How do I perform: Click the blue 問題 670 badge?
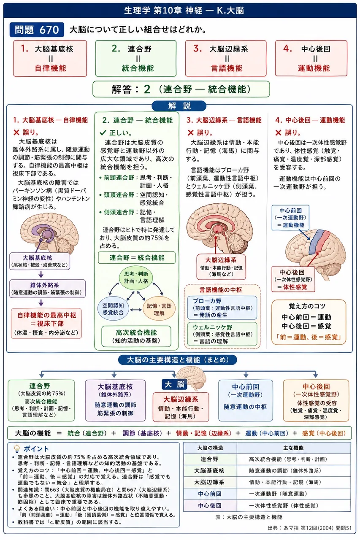click(x=37, y=30)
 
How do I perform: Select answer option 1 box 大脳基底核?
click(x=50, y=58)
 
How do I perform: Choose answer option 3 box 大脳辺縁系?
click(x=226, y=58)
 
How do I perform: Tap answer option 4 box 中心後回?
click(x=311, y=58)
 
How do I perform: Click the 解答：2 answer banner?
click(x=181, y=89)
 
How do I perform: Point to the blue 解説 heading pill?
click(x=179, y=106)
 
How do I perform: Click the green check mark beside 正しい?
click(x=103, y=132)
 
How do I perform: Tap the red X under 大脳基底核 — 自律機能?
click(x=16, y=132)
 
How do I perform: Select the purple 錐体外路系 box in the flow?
click(x=48, y=289)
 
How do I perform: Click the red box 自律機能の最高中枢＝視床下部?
click(x=46, y=324)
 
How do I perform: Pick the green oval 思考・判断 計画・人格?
click(x=136, y=278)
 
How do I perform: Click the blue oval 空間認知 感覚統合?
click(x=113, y=308)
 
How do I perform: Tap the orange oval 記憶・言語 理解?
click(x=159, y=309)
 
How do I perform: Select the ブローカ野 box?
click(x=222, y=308)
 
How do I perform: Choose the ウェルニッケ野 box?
click(x=222, y=334)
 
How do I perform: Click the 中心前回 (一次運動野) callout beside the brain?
click(x=290, y=218)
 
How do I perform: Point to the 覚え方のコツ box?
click(x=309, y=322)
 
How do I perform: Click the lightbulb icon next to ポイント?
click(x=16, y=448)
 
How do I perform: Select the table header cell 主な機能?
click(x=293, y=448)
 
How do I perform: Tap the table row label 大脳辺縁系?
click(x=209, y=482)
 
